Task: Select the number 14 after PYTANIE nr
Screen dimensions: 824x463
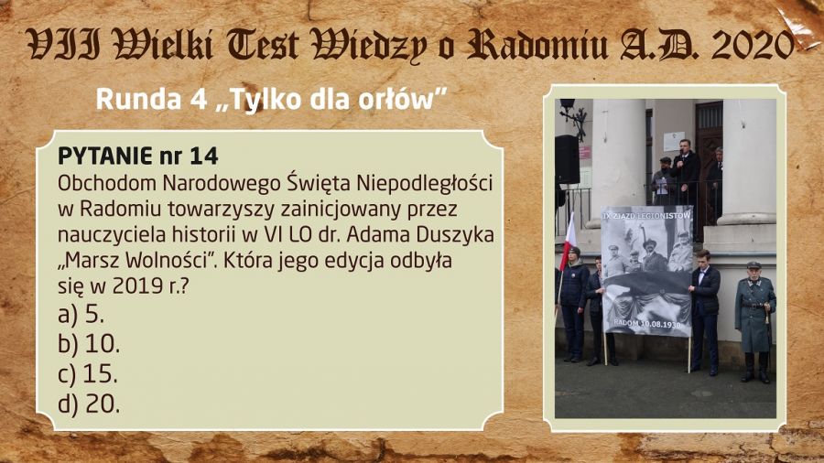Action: coord(204,156)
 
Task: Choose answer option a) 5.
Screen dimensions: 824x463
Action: coord(81,314)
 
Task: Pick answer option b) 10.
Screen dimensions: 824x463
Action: coord(89,344)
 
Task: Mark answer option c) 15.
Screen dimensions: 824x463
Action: coord(88,373)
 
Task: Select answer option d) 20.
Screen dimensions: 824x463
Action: coord(89,404)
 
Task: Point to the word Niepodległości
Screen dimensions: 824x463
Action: coord(425,183)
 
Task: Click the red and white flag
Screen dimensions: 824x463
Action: coord(569,241)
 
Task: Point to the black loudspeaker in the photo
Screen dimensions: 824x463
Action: coord(567,159)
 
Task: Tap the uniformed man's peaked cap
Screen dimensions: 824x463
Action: coord(754,265)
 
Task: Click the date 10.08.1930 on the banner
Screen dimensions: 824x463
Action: coord(662,325)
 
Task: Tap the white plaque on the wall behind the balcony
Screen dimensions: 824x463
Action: coord(674,142)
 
